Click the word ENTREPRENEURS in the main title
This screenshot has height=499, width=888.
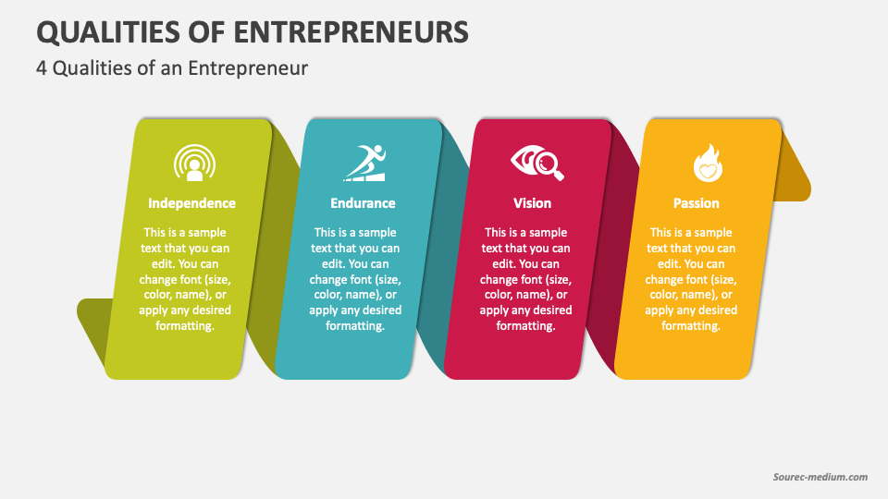pyautogui.click(x=351, y=31)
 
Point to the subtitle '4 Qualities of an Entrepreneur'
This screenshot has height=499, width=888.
pyautogui.click(x=172, y=68)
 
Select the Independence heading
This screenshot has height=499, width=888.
pyautogui.click(x=191, y=203)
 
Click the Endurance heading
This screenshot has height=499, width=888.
pyautogui.click(x=363, y=203)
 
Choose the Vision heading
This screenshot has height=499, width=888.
pyautogui.click(x=532, y=203)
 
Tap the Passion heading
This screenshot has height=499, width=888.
pyautogui.click(x=697, y=203)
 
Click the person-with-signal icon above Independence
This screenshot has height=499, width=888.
pyautogui.click(x=193, y=164)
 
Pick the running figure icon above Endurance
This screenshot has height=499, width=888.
pyautogui.click(x=364, y=163)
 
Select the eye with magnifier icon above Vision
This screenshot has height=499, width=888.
pyautogui.click(x=536, y=164)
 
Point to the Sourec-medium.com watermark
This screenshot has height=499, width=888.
pyautogui.click(x=820, y=477)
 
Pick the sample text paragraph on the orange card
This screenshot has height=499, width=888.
pyautogui.click(x=691, y=279)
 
